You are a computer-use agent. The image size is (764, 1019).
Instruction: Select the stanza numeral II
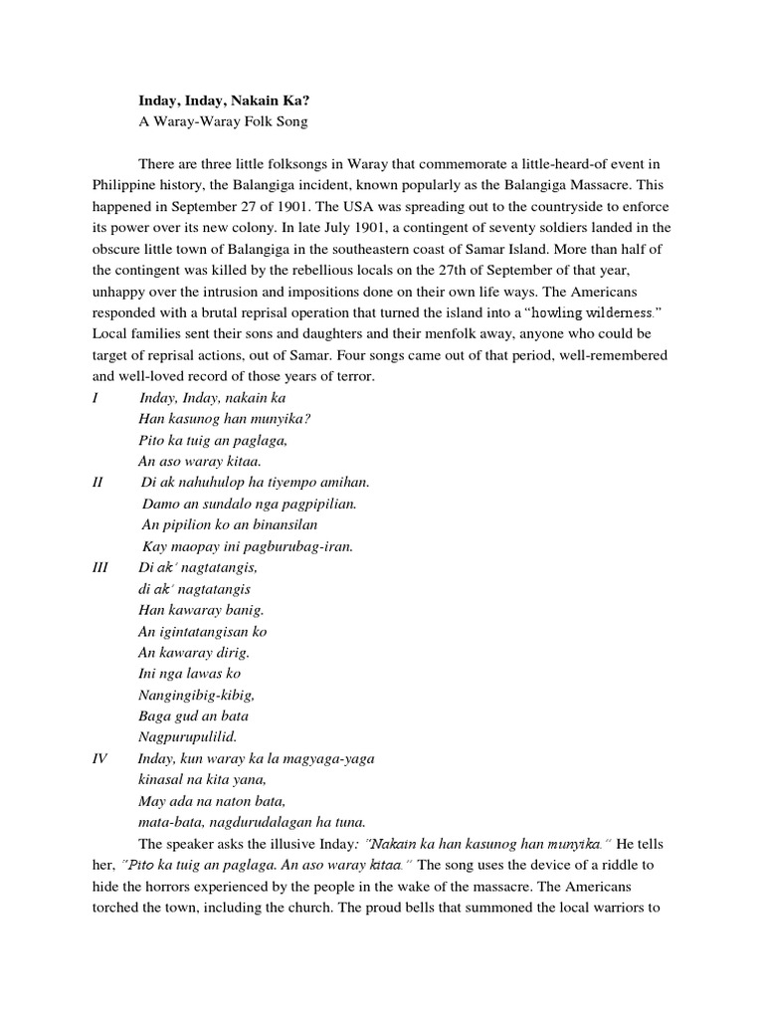pos(97,483)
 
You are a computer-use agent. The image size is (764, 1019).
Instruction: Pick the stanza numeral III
pos(99,567)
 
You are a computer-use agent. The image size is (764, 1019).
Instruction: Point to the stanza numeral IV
pos(99,758)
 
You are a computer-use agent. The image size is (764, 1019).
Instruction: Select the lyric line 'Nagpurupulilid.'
pos(187,737)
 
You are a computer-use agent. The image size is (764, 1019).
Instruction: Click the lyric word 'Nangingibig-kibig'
pos(197,695)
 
